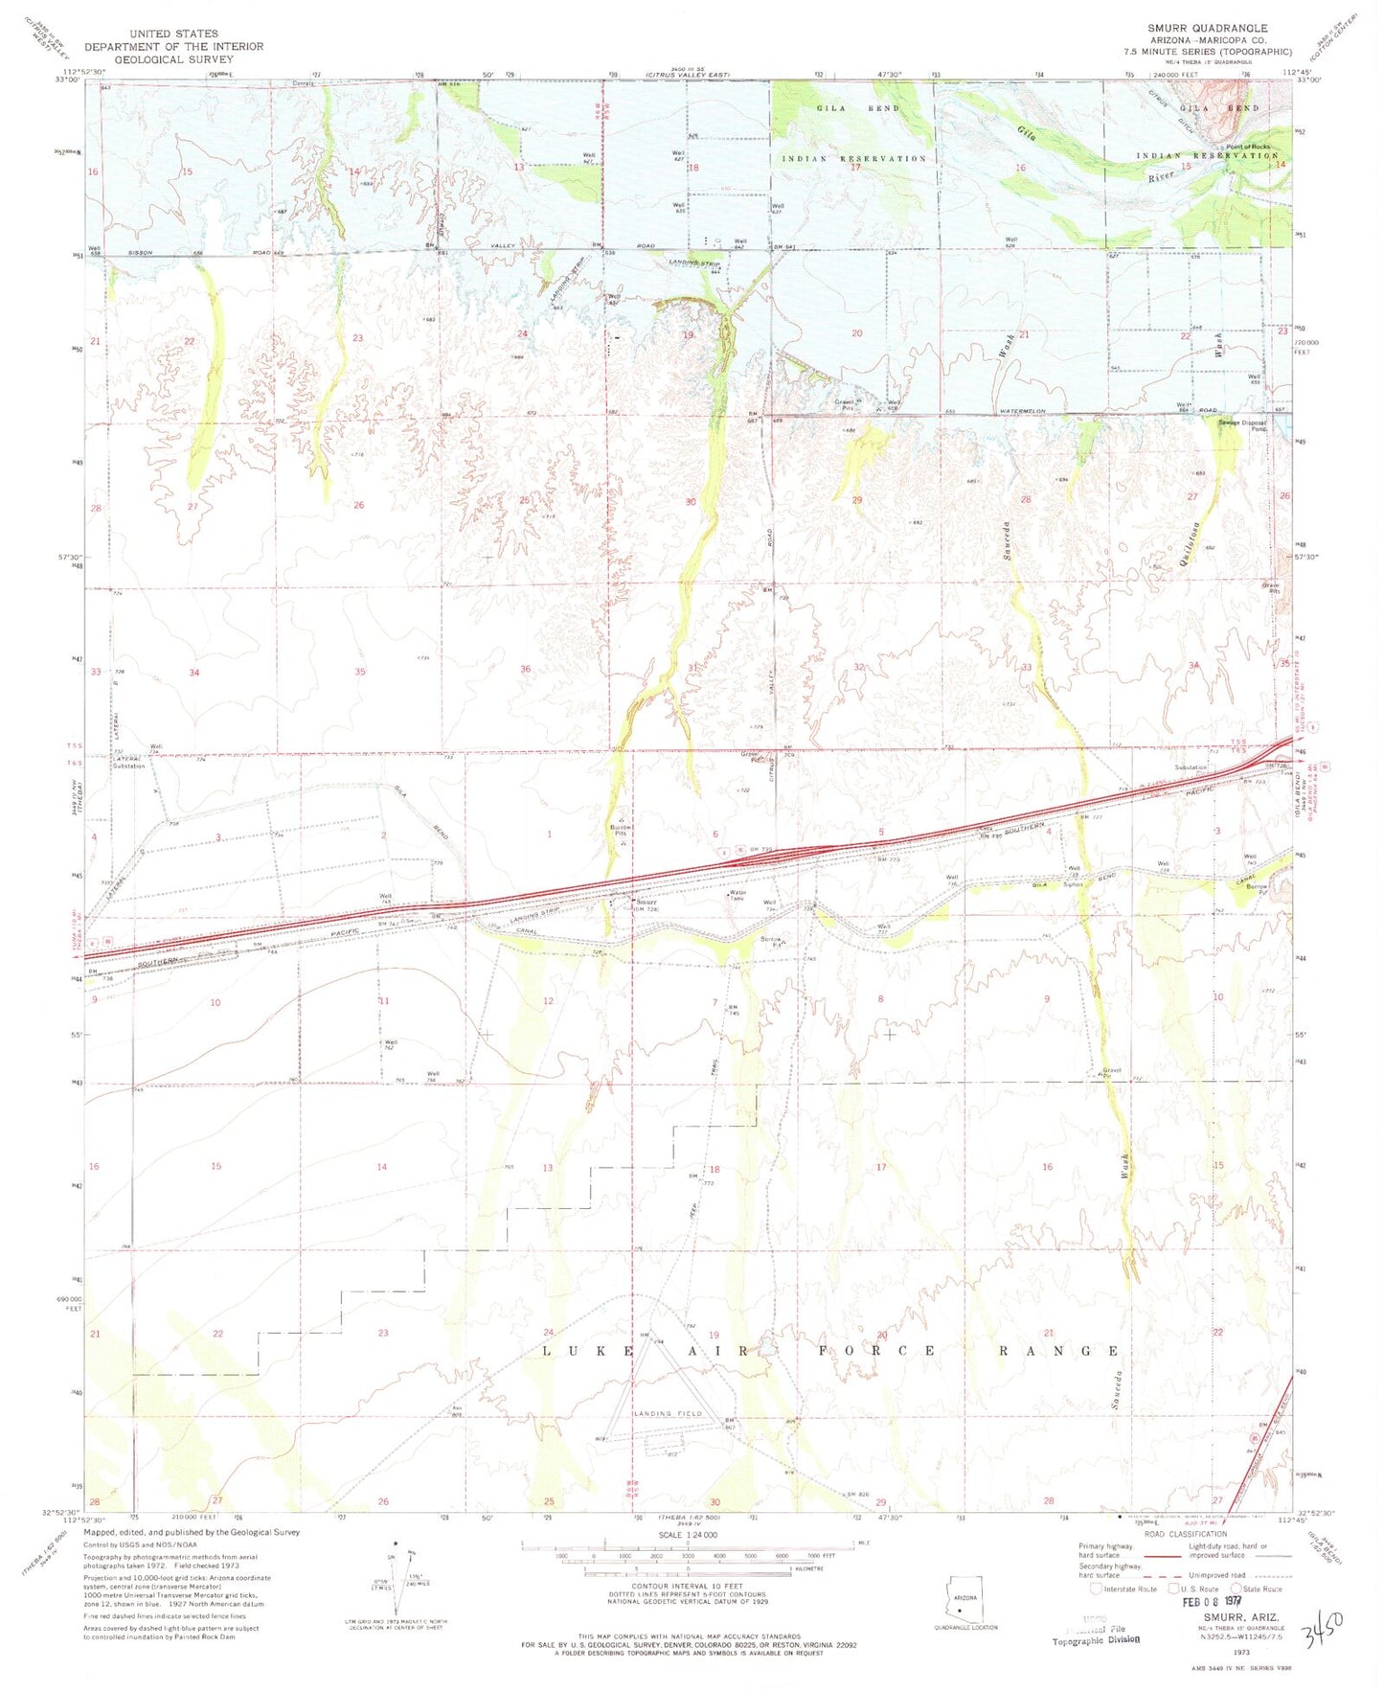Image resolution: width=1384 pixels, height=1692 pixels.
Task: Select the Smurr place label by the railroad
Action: coord(647,902)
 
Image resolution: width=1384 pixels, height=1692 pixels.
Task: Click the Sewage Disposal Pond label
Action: coord(1243,425)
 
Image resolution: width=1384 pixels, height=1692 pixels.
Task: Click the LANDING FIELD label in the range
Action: coord(667,1413)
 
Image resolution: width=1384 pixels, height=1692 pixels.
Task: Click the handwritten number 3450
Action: coord(1323,1622)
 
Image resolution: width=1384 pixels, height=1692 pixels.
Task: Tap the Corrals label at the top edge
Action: coord(304,83)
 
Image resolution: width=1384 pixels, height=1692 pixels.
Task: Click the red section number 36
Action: coord(525,669)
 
